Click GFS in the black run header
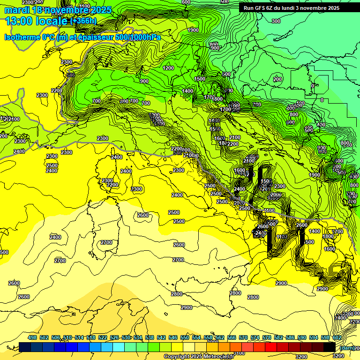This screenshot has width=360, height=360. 260,8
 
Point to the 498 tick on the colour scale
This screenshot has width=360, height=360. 32,337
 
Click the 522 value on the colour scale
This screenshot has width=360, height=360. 103,337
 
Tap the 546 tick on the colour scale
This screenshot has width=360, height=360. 173,337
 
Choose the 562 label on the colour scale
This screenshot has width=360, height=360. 220,337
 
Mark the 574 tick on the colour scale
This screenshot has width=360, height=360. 255,337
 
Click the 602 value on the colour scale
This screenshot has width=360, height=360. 337,337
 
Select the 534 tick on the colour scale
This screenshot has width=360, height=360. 138,337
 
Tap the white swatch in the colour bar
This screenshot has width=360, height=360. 189,347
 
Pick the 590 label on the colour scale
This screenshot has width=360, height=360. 302,337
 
